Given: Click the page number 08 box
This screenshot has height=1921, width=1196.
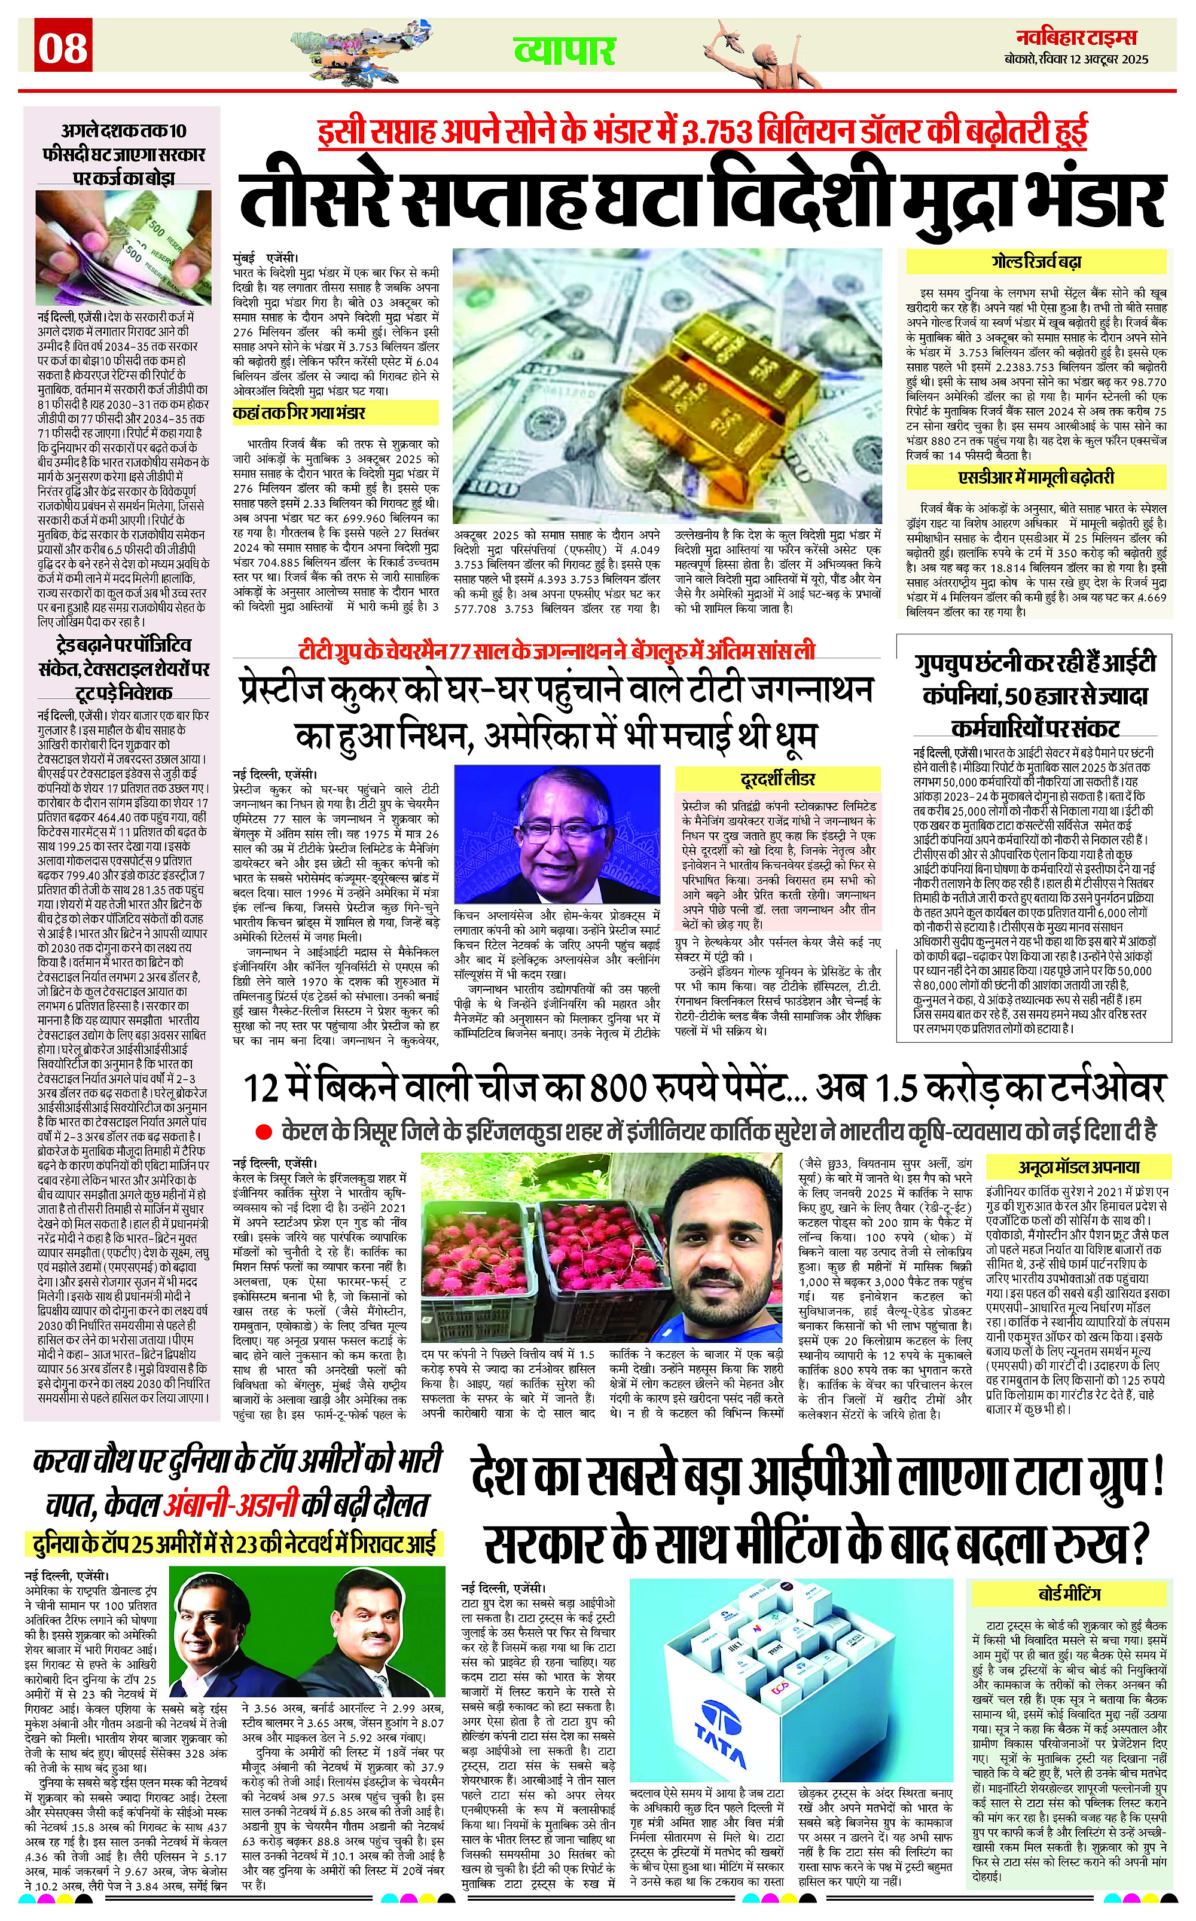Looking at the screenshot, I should point(64,47).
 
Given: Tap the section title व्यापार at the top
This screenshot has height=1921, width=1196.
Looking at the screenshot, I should point(564,51).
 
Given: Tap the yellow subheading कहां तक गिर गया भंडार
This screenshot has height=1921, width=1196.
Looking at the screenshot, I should point(299,413).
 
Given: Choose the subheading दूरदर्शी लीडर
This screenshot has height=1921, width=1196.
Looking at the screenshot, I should point(777,779).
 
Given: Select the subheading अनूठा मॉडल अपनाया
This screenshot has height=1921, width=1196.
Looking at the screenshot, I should point(1078,1166).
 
